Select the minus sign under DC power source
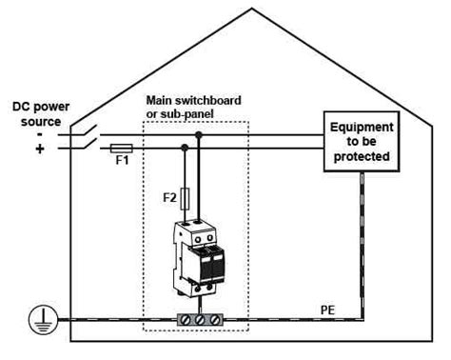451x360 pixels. coord(40,134)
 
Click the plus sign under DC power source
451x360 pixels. coord(40,149)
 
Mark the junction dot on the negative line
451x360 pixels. coord(198,135)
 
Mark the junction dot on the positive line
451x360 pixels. coord(184,148)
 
